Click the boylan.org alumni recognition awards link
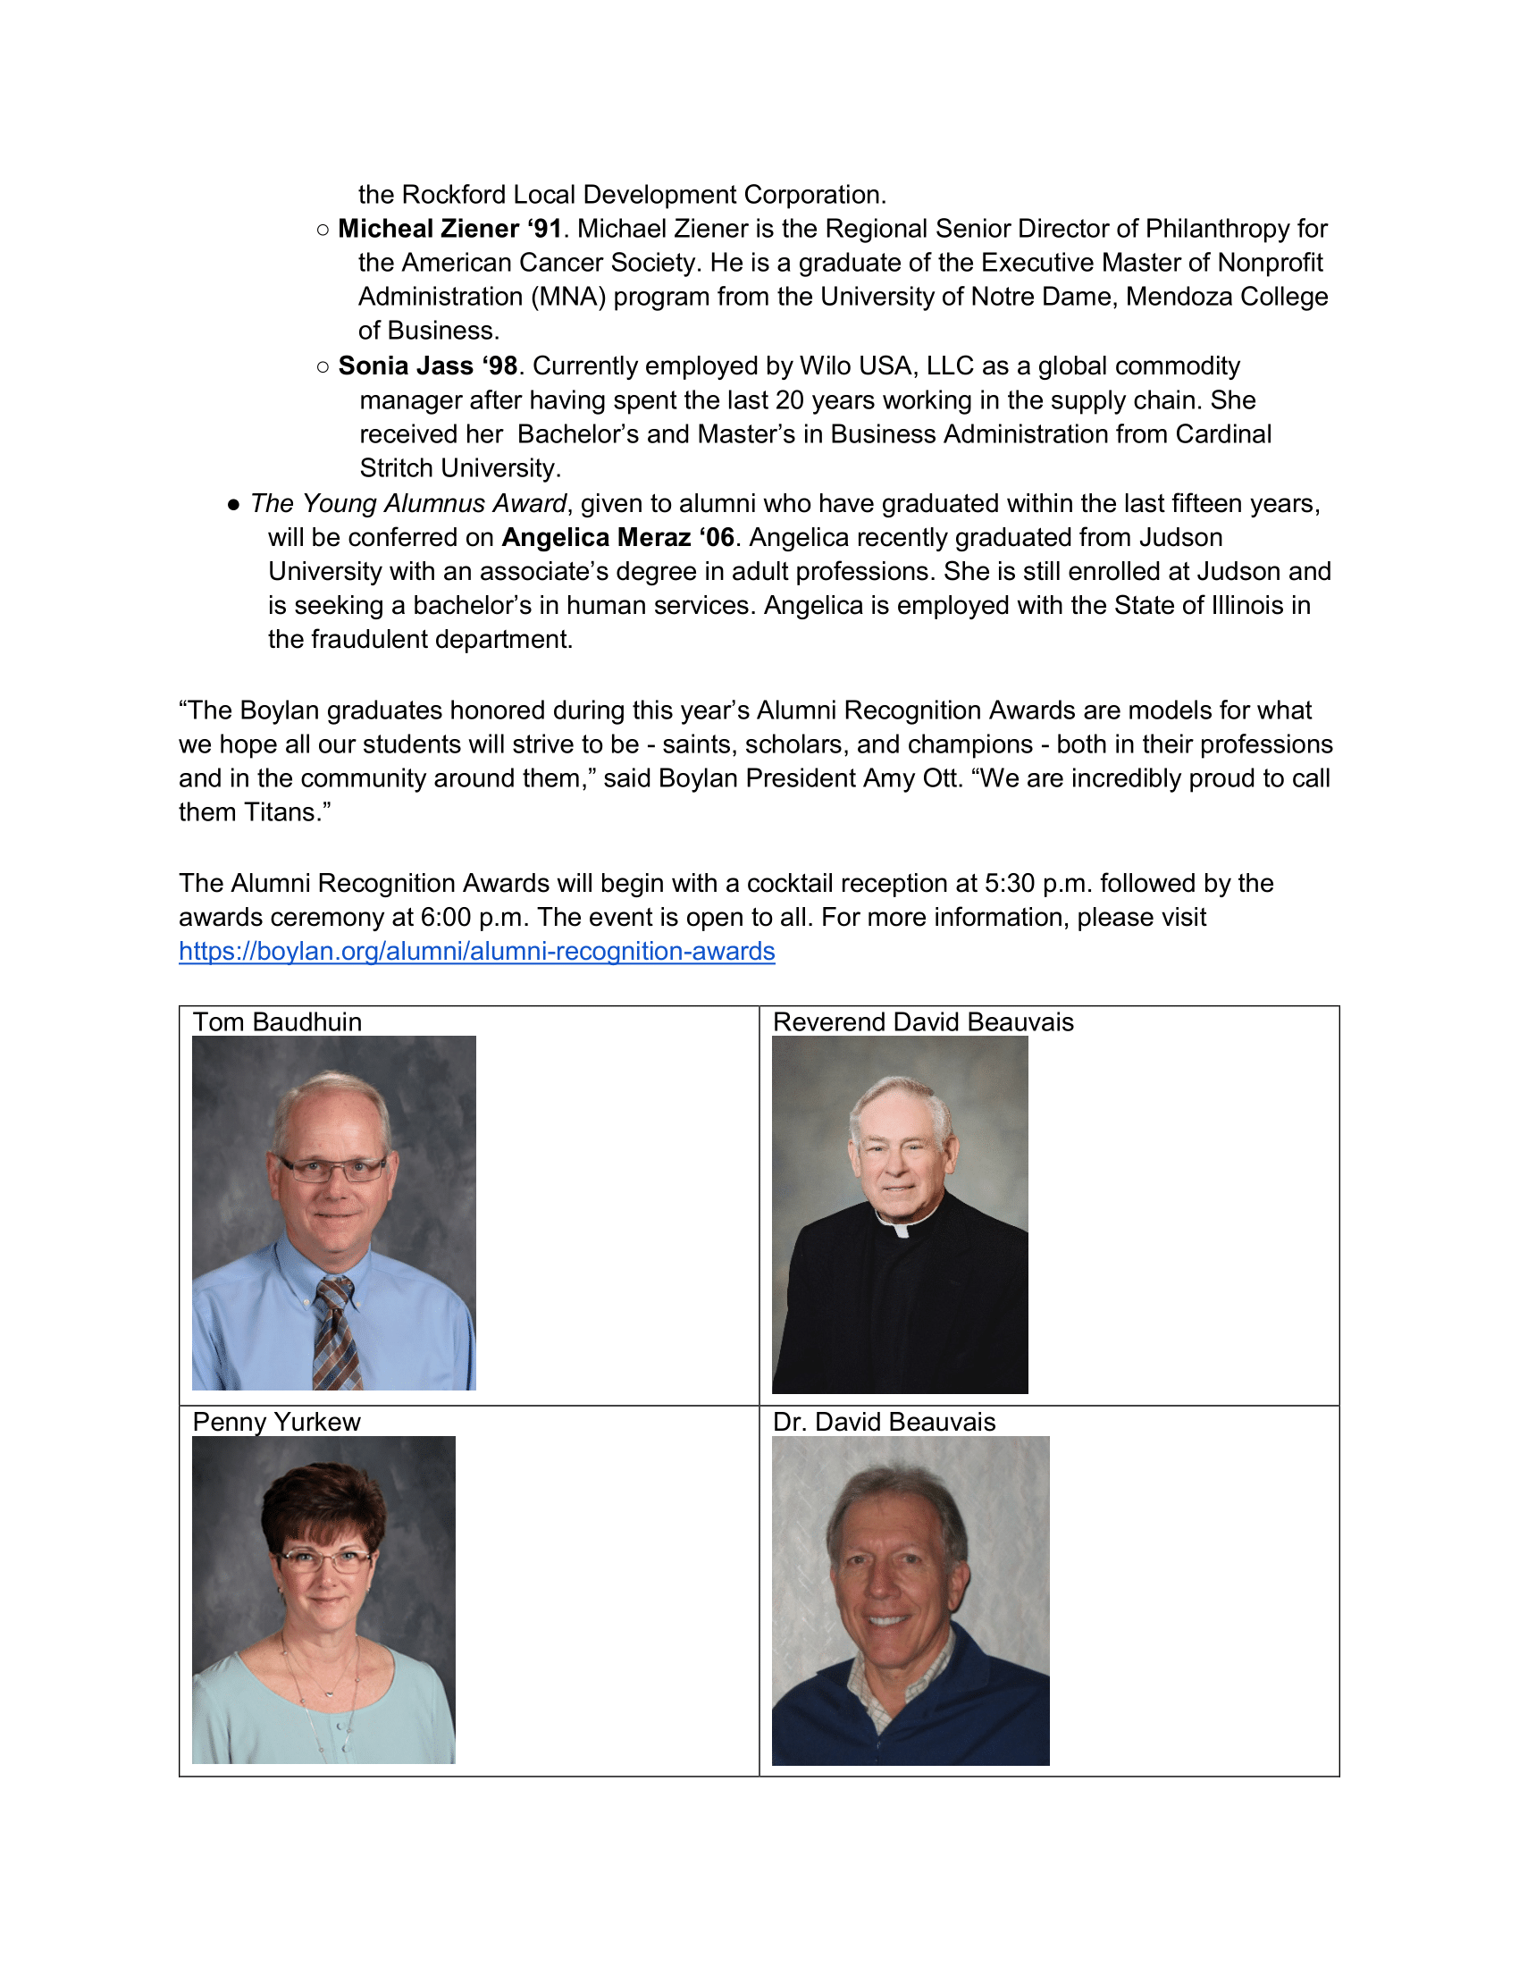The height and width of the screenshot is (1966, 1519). [476, 952]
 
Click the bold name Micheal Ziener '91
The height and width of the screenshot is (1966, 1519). [450, 229]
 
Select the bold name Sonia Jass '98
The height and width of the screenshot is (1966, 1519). [427, 366]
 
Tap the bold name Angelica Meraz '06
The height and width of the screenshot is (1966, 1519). [617, 537]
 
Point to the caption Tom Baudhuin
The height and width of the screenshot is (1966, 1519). [277, 1022]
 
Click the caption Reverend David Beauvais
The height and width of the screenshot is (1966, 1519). [922, 1022]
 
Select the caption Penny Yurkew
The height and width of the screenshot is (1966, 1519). [276, 1423]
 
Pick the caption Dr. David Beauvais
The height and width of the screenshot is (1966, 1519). [884, 1423]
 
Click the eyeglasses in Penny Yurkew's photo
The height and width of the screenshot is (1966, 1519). [323, 1560]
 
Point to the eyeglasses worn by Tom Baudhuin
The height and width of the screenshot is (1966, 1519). [334, 1170]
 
